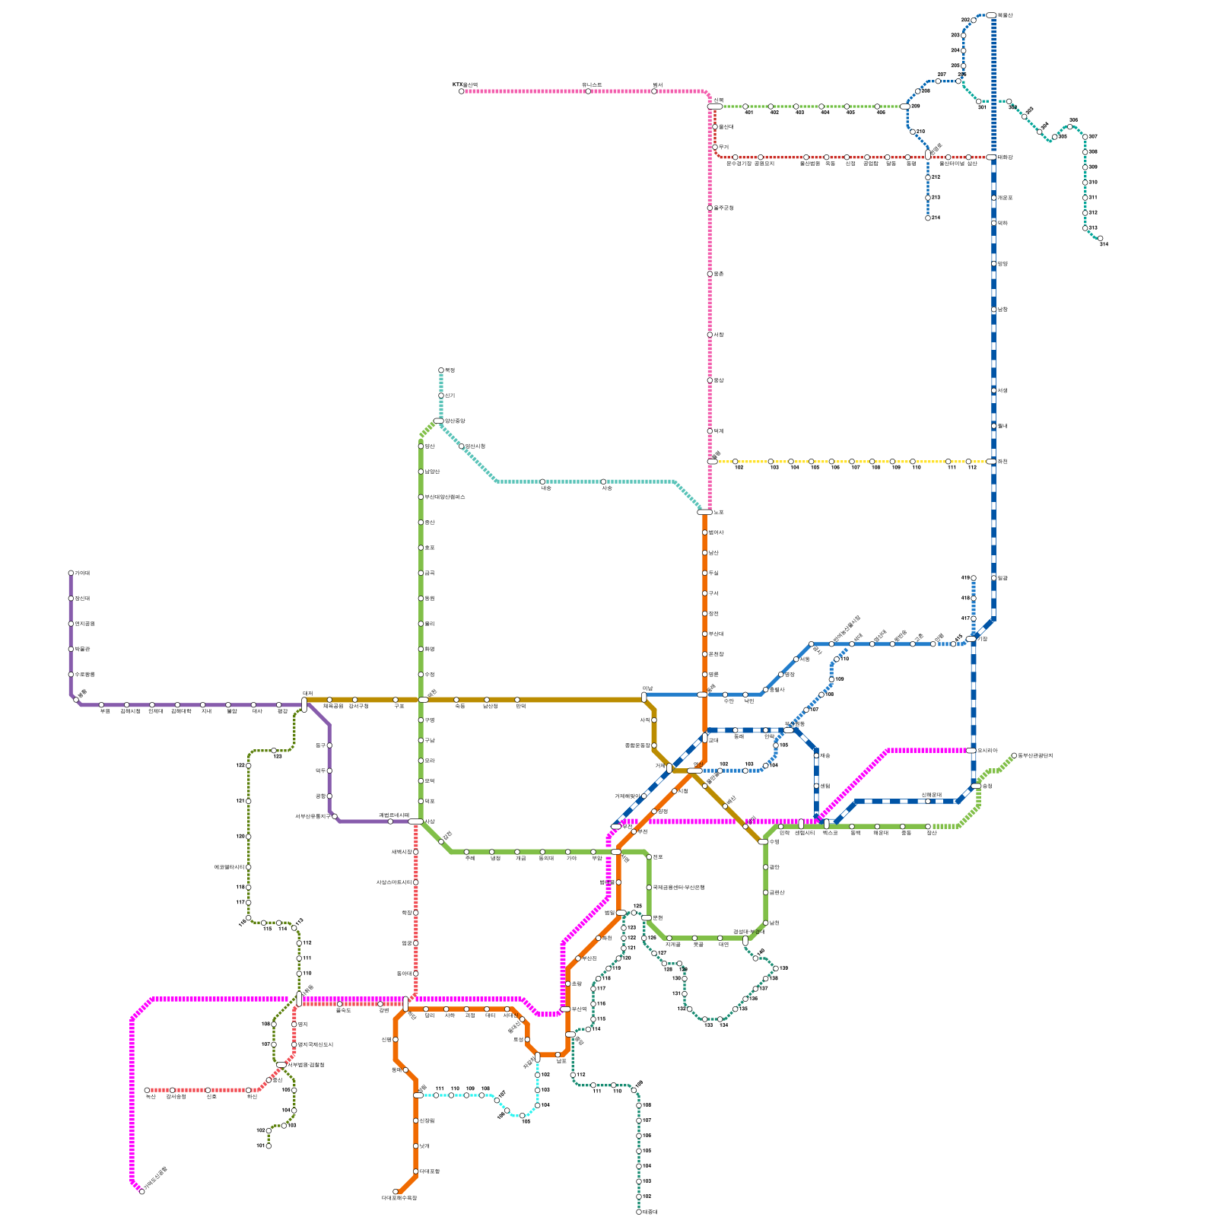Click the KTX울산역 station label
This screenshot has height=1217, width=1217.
[x=465, y=84]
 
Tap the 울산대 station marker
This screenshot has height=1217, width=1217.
[x=715, y=127]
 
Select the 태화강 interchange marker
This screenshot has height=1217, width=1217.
[x=991, y=157]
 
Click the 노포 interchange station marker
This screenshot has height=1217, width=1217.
[x=704, y=512]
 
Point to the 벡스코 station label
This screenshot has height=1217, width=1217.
[x=830, y=833]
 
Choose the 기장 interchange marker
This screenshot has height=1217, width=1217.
[x=971, y=639]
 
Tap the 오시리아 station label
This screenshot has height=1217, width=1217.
[x=988, y=751]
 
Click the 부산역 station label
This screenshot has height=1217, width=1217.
[x=579, y=1009]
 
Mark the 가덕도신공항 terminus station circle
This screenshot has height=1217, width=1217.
[x=142, y=1191]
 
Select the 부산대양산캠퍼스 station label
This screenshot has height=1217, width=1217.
[x=445, y=497]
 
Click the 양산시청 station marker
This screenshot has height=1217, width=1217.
[x=462, y=446]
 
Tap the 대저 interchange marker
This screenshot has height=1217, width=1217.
[x=304, y=704]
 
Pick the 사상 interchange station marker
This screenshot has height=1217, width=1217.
[x=415, y=821]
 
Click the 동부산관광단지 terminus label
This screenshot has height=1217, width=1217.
[x=1035, y=755]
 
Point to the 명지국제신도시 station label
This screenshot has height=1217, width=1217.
[x=316, y=1044]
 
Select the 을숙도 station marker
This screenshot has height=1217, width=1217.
[x=339, y=1004]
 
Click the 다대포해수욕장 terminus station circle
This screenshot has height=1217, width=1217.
[x=396, y=1191]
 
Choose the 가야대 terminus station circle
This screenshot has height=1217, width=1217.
[x=71, y=573]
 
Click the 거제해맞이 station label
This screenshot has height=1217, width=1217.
[x=628, y=796]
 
